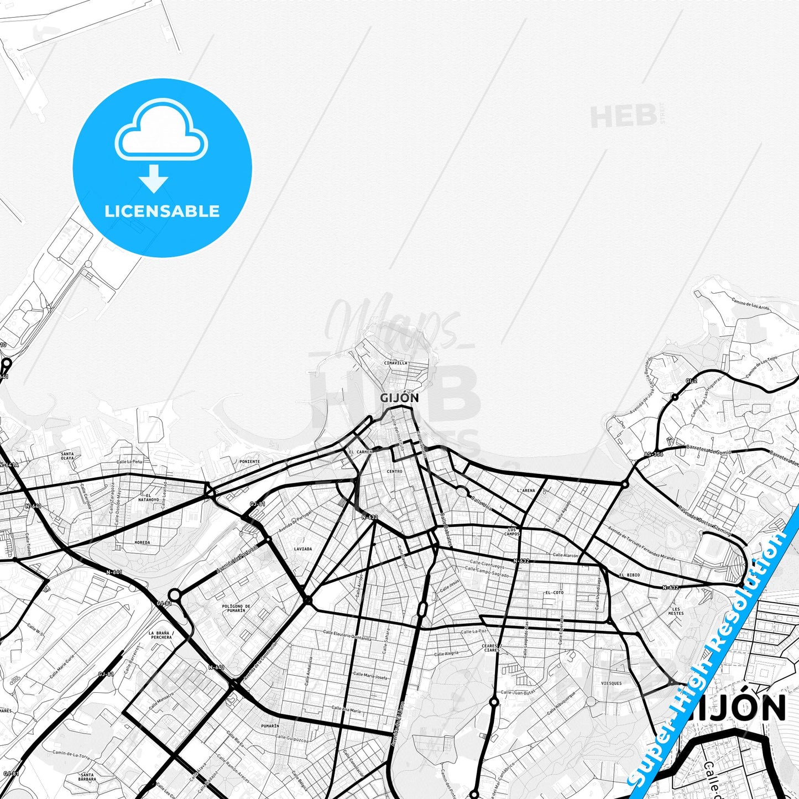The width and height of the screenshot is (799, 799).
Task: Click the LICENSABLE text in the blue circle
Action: (162, 211)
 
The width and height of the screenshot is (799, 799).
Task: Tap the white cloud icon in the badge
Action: (161, 132)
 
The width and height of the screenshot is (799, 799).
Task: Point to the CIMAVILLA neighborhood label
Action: (395, 363)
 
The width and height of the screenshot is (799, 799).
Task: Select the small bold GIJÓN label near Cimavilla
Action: (399, 398)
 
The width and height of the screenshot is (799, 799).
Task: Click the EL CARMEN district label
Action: (361, 452)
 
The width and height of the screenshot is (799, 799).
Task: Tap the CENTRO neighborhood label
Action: (395, 471)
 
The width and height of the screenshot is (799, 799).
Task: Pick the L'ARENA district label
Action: (526, 490)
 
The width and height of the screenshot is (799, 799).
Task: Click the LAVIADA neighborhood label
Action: (302, 549)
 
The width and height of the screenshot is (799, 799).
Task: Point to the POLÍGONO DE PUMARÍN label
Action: (236, 608)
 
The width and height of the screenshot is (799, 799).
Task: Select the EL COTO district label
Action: (554, 593)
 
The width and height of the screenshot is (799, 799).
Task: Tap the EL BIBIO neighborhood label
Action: (629, 575)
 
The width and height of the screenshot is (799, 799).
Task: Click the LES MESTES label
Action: (676, 611)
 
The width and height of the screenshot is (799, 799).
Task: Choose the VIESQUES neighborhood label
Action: (611, 683)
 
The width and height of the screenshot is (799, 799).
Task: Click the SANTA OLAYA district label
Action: (67, 456)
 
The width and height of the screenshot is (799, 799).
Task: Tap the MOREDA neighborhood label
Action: (142, 542)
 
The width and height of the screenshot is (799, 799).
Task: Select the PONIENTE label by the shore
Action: (249, 461)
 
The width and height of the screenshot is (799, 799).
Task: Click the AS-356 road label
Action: (654, 455)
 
